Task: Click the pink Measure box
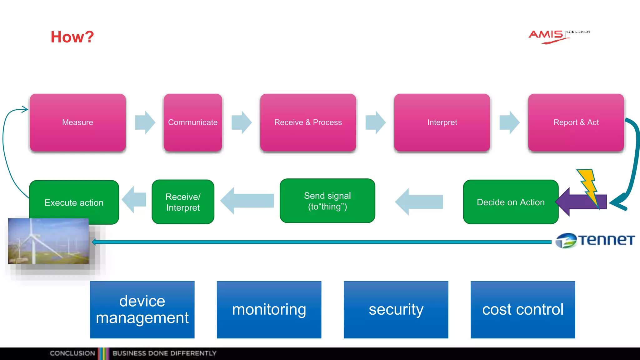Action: [77, 122]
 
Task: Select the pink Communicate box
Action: [193, 122]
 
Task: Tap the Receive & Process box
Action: [308, 122]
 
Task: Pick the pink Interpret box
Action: [442, 122]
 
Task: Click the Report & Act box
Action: [576, 122]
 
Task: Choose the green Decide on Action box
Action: [510, 202]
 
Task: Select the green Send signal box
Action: [327, 201]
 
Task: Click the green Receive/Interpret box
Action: [183, 202]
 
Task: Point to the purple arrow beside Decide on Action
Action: [572, 202]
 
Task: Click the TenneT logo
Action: [595, 240]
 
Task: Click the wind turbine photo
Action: [48, 241]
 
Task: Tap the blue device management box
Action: [142, 309]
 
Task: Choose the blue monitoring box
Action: [269, 309]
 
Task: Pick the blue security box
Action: [396, 309]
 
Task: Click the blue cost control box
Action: [522, 309]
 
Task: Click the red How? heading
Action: [72, 37]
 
